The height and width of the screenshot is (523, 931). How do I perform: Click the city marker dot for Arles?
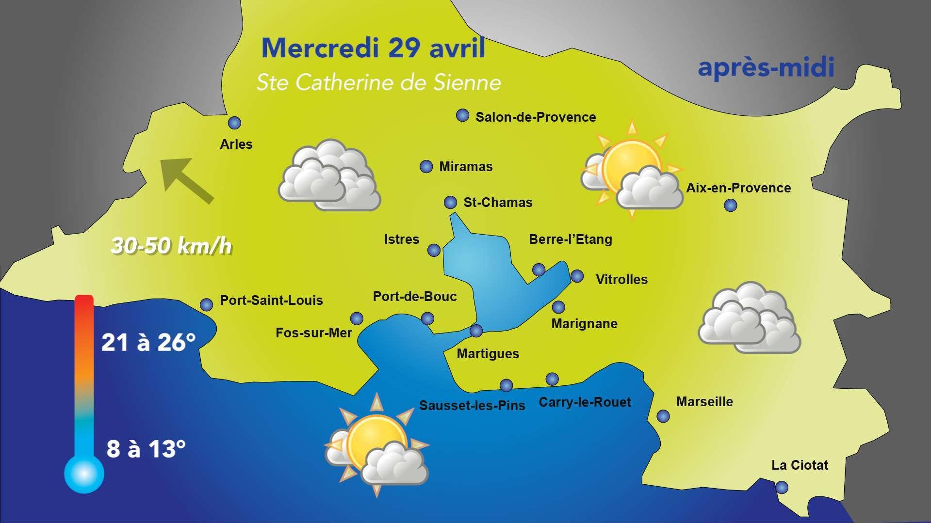click(234, 123)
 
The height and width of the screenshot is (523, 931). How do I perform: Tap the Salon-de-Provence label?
click(536, 117)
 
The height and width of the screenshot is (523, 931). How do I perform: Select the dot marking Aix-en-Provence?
click(730, 206)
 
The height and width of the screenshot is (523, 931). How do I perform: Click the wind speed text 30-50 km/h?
click(171, 246)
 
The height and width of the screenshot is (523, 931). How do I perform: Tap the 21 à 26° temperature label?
click(148, 343)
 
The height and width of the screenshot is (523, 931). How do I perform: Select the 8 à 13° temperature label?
click(146, 449)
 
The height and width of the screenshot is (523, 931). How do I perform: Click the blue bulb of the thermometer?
click(84, 473)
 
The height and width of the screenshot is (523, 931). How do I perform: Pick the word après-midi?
click(766, 67)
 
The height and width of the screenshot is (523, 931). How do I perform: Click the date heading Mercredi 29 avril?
click(373, 48)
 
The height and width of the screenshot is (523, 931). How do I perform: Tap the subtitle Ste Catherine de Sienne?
click(378, 82)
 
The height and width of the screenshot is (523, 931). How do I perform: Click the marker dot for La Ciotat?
click(782, 487)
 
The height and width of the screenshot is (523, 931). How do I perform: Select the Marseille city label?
click(704, 402)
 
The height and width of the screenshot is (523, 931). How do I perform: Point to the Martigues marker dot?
click(476, 331)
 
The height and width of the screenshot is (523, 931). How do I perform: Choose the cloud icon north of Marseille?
click(749, 318)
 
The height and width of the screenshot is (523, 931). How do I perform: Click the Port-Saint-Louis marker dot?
click(207, 304)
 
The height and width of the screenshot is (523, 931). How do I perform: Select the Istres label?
click(401, 239)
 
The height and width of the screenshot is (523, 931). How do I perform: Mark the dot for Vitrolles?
click(577, 276)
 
